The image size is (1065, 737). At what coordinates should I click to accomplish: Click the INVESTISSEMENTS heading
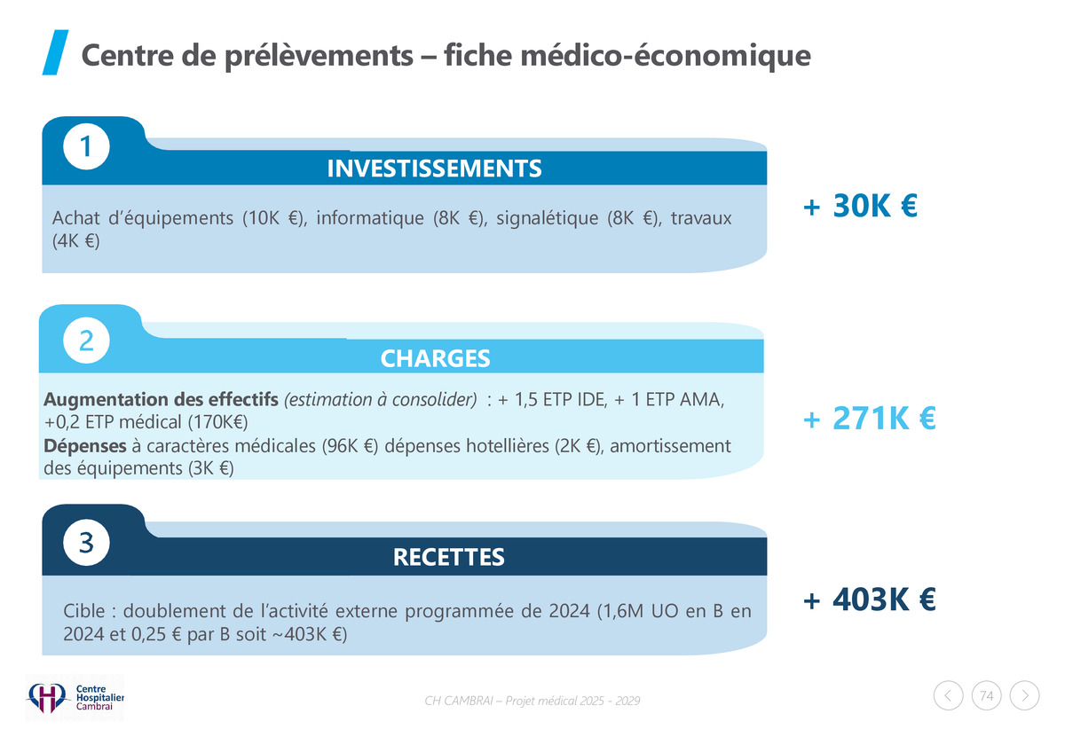434,169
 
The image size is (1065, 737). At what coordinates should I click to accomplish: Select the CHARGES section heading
435,358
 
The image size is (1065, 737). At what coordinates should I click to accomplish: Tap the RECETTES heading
448,557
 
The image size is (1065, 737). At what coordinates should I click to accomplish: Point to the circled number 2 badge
86,341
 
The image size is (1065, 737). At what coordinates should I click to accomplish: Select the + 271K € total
869,418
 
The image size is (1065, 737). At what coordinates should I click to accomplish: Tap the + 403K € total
869,600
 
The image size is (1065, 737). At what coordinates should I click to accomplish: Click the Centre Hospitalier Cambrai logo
75,696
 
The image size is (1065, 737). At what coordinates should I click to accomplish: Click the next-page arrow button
1025,696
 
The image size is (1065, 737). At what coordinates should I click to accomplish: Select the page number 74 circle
986,696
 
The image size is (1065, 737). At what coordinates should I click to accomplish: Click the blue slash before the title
55,54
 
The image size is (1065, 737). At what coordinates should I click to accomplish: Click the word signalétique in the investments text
548,219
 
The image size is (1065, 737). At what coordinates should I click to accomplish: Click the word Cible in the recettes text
85,611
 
